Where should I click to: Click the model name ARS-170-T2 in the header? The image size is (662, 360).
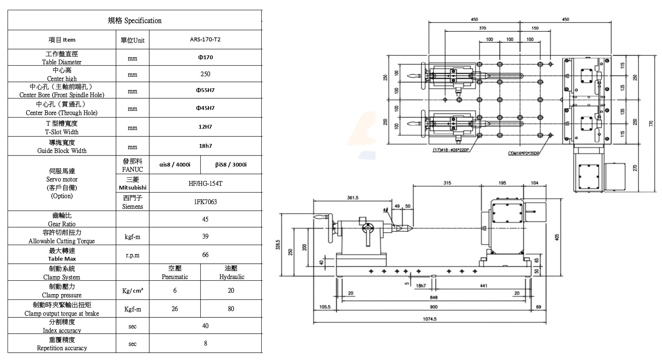(x=205, y=40)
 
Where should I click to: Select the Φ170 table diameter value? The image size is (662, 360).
(x=205, y=57)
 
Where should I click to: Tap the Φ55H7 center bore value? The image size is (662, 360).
(x=205, y=90)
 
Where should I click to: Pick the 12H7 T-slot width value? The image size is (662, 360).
(x=205, y=127)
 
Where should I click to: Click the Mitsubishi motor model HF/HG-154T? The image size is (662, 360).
(x=205, y=183)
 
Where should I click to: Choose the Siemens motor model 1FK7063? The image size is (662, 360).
(x=205, y=202)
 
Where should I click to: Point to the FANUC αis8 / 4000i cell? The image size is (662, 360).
(x=175, y=164)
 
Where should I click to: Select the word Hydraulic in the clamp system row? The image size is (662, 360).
(x=232, y=277)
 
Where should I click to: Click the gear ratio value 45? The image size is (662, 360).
(x=205, y=219)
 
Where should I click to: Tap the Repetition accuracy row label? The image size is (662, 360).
(x=62, y=348)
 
